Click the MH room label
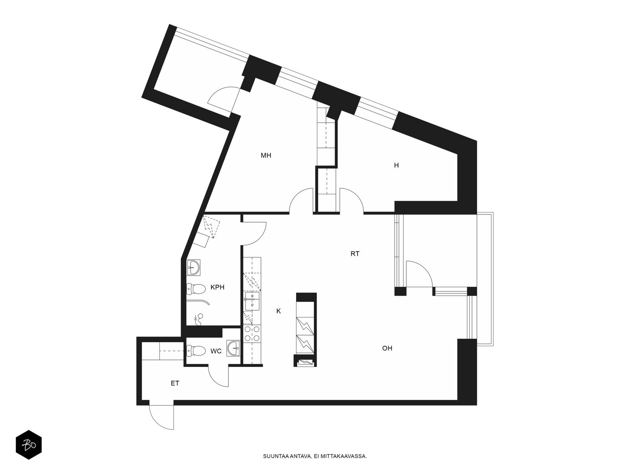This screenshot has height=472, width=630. point(266,155)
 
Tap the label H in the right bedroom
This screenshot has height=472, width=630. point(397,165)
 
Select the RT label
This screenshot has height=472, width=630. point(355,254)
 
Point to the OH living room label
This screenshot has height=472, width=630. point(387,348)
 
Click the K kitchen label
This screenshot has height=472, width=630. point(278,311)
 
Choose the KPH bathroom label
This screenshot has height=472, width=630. point(217,287)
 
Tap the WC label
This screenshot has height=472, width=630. point(216,351)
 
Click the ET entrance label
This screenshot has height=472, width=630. point(175,383)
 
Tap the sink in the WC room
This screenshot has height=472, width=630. point(233,348)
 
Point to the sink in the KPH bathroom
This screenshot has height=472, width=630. point(193,268)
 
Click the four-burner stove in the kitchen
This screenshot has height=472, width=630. point(252,334)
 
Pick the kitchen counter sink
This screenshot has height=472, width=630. point(252,301)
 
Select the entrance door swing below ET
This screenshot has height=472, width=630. point(161,417)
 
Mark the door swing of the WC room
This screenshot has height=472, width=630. point(219,376)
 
